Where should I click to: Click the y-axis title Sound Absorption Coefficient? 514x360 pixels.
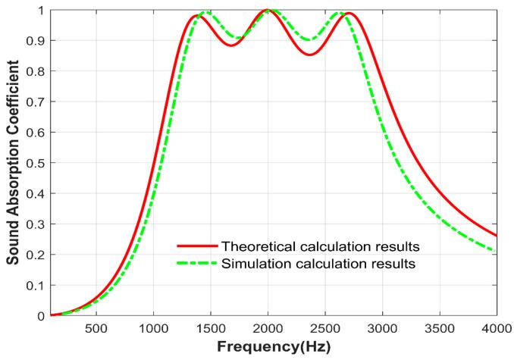point(13,162)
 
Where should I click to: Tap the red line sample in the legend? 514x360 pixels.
point(195,246)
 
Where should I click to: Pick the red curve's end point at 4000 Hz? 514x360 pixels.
point(497,235)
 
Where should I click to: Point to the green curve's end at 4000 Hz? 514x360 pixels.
point(497,251)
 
